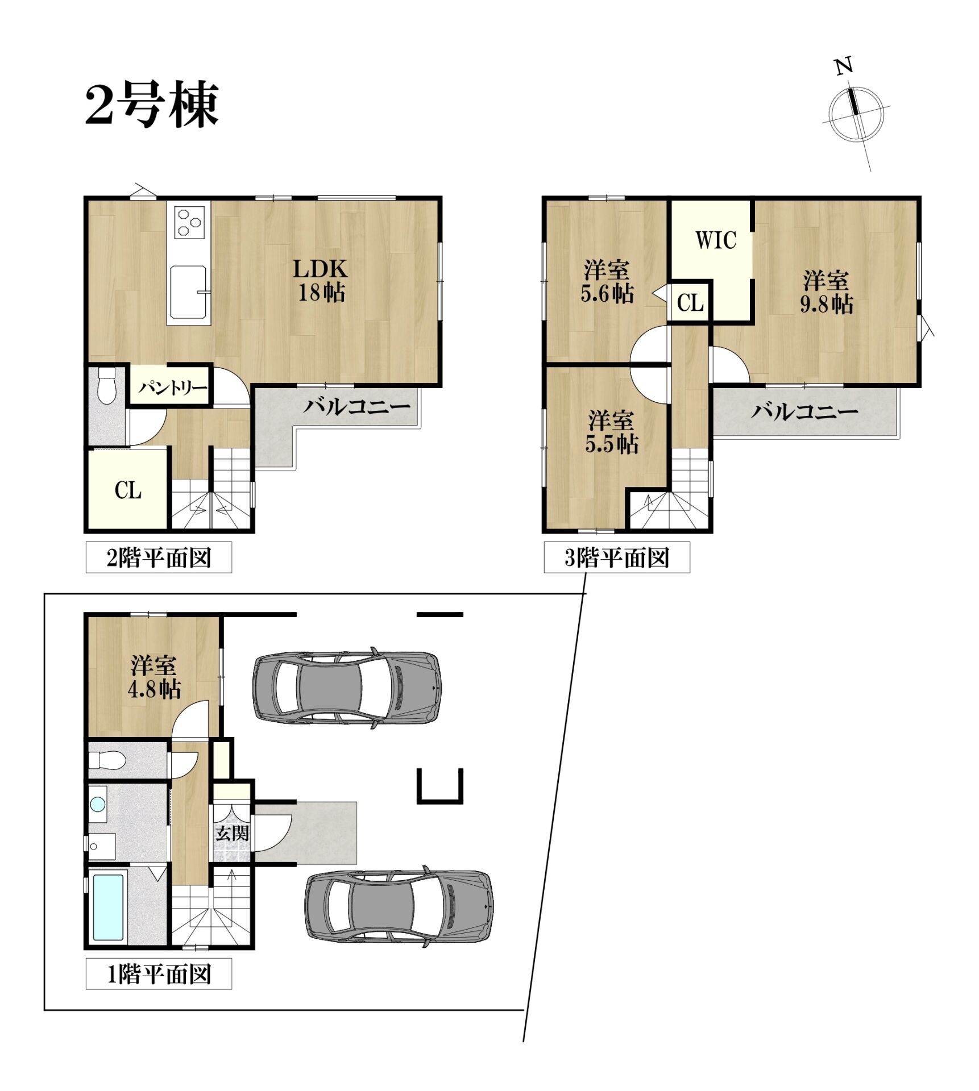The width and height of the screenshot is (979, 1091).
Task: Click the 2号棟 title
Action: click(x=152, y=105)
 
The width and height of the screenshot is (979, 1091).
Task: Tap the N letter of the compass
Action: click(x=844, y=66)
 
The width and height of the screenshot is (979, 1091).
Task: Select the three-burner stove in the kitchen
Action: click(x=189, y=222)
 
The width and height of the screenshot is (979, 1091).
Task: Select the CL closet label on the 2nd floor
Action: click(x=128, y=489)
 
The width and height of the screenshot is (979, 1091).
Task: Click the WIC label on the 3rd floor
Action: click(x=716, y=240)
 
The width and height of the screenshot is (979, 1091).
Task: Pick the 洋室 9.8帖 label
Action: click(x=826, y=292)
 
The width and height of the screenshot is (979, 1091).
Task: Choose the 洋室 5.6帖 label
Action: click(x=607, y=281)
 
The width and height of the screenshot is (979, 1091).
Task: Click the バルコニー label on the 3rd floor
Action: click(x=804, y=411)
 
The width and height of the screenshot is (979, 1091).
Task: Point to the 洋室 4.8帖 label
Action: click(x=154, y=677)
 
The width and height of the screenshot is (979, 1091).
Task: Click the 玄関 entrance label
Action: click(x=232, y=833)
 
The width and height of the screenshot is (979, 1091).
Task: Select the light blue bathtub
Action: click(x=108, y=907)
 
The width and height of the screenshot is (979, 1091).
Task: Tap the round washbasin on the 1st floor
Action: click(x=98, y=804)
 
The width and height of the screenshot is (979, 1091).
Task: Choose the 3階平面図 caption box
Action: click(x=617, y=557)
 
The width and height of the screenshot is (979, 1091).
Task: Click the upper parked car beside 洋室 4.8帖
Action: click(x=347, y=688)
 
